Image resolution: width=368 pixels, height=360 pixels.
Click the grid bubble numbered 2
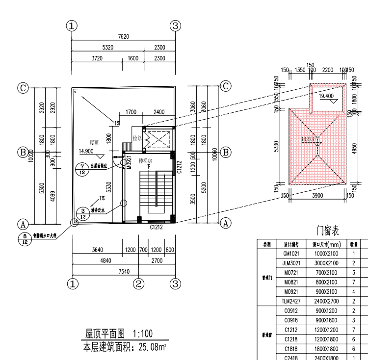[x=139, y=283]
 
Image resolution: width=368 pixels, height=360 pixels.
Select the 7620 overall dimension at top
[x=123, y=37]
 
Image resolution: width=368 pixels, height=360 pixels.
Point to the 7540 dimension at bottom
[x=124, y=271]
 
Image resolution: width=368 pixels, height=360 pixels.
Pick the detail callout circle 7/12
[x=82, y=169]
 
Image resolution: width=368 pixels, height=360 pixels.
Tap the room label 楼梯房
[x=146, y=161]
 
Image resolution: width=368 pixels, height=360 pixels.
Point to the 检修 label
[x=137, y=138]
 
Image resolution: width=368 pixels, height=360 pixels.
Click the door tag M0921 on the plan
[x=129, y=162]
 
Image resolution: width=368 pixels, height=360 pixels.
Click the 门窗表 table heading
[x=328, y=230]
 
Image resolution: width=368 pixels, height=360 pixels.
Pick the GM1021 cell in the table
[x=291, y=254]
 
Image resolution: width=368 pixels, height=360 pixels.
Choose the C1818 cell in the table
[x=291, y=348]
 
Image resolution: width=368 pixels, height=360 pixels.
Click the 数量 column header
[x=354, y=244]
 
